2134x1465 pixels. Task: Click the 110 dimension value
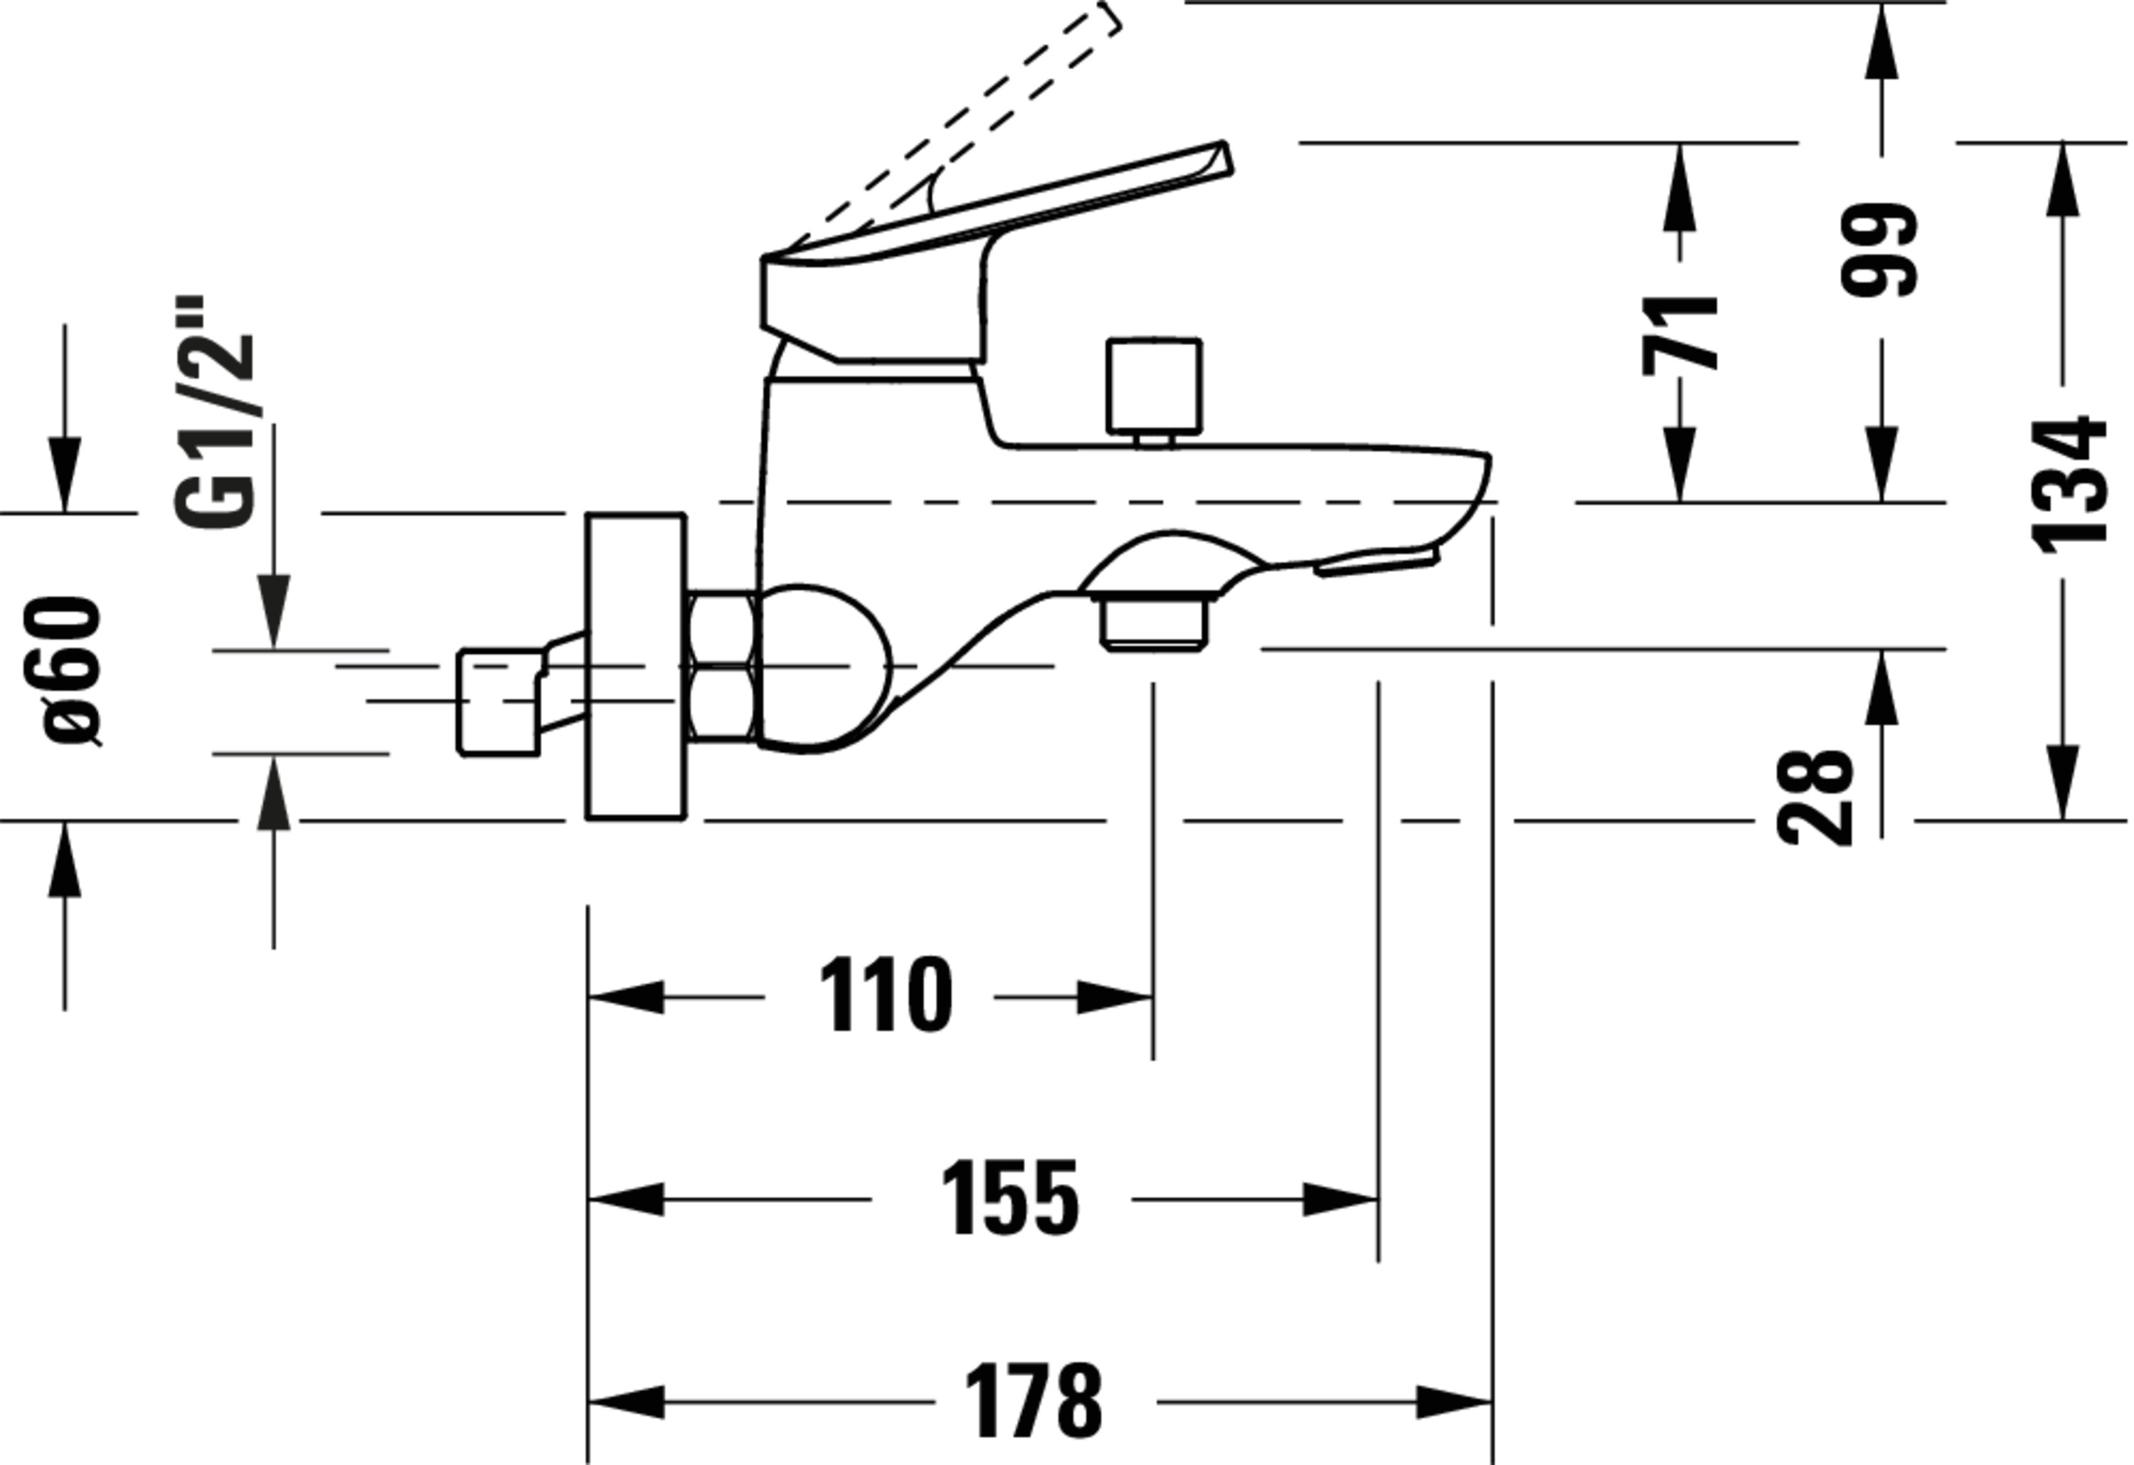pyautogui.click(x=884, y=997)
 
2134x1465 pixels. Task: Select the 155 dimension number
pyautogui.click(x=1009, y=1199)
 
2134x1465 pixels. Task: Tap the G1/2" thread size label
pyautogui.click(x=214, y=413)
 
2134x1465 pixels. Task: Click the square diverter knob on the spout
pyautogui.click(x=1153, y=386)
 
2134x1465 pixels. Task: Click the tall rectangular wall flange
pyautogui.click(x=635, y=666)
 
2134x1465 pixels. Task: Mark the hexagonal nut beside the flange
pyautogui.click(x=722, y=666)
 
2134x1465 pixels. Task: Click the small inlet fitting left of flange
pyautogui.click(x=501, y=701)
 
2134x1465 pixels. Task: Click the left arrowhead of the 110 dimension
pyautogui.click(x=625, y=997)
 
